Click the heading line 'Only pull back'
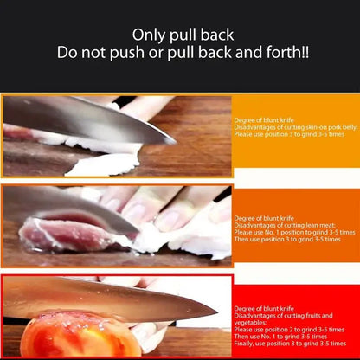tap(179, 35)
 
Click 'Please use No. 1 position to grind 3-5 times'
tap(294, 232)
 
